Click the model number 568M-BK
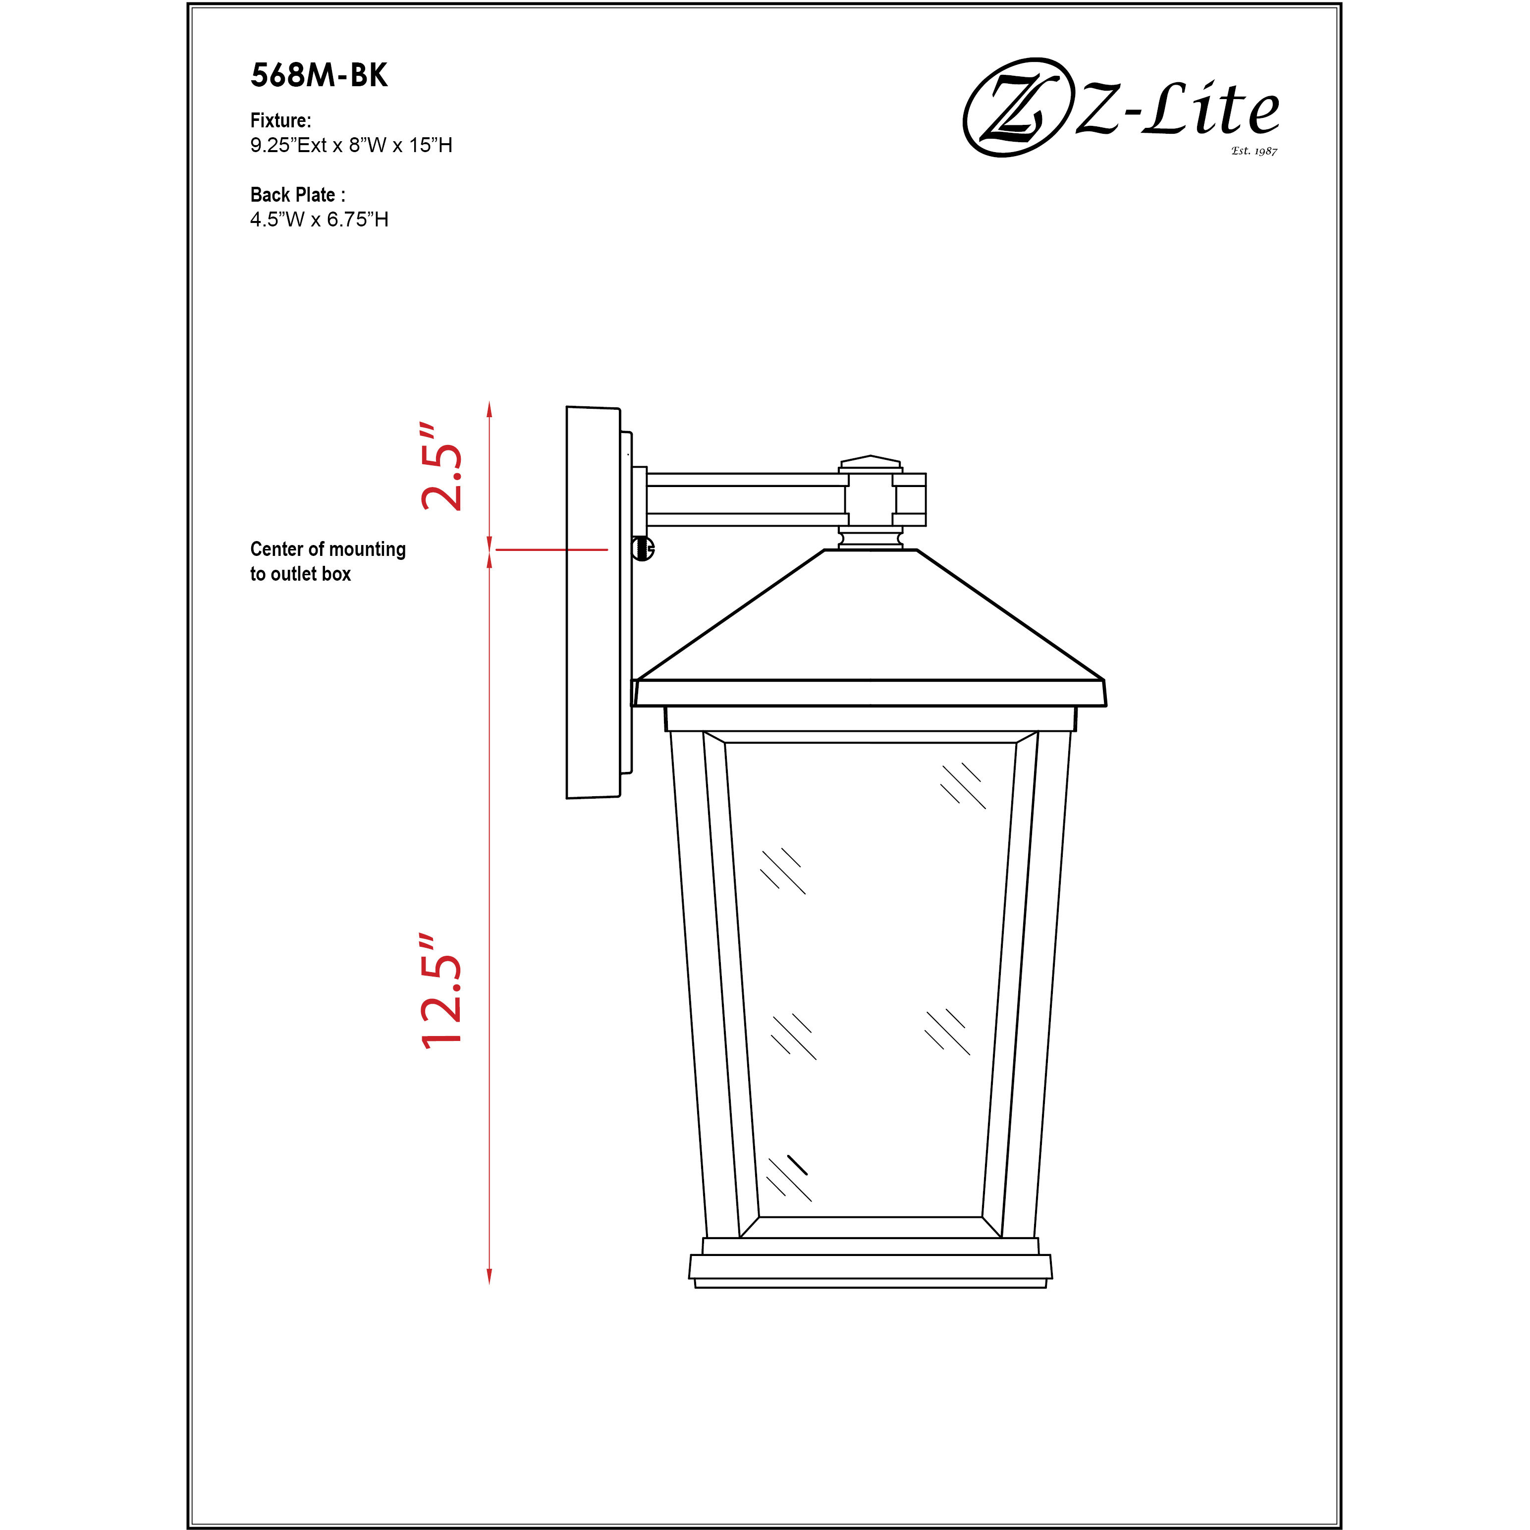[319, 75]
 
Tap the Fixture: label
[280, 120]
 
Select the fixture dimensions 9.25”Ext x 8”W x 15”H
[351, 145]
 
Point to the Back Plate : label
[298, 195]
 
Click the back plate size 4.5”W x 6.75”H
[319, 219]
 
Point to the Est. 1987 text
[1255, 151]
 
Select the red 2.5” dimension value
[441, 466]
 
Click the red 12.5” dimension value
[441, 991]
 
